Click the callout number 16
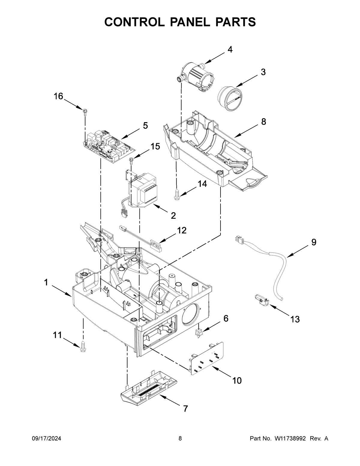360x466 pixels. (58, 96)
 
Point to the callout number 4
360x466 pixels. (230, 50)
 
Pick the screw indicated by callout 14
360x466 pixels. (177, 194)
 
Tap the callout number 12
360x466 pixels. (181, 230)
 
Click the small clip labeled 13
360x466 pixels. (261, 299)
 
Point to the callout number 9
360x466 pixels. (313, 242)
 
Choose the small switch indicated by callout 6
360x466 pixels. (198, 332)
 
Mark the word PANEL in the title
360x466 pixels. (180, 22)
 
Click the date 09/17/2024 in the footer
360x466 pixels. (46, 439)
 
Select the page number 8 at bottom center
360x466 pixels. (180, 439)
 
